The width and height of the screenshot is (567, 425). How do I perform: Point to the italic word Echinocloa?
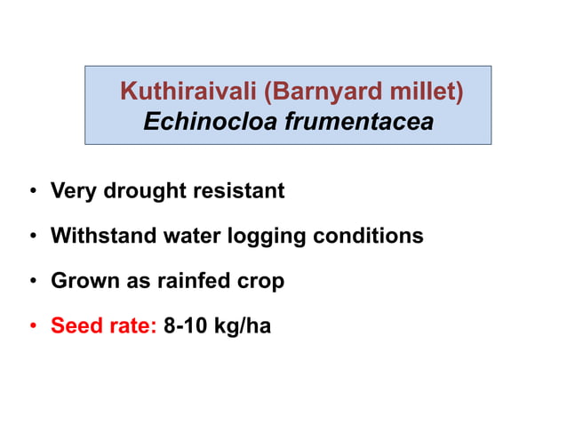(x=211, y=121)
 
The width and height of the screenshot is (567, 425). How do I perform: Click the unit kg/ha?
(x=243, y=327)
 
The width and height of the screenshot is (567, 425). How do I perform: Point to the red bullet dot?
(x=32, y=327)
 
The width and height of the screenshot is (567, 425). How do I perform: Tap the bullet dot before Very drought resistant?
(x=32, y=191)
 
